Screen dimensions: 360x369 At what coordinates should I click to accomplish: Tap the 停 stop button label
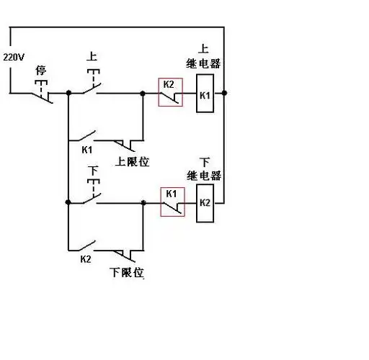coord(41,70)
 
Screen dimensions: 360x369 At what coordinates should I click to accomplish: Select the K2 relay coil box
coord(204,204)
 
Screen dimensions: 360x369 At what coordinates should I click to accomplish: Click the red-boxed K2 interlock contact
coord(170,91)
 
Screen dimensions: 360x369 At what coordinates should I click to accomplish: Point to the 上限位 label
coord(132,161)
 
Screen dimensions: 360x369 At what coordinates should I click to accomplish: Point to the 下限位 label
coord(127,272)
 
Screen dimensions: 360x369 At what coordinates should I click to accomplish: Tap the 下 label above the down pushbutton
coord(92,171)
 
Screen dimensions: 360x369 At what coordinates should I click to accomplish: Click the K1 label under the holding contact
coord(86,150)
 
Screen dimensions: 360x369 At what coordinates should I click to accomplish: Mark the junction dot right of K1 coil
coord(225,93)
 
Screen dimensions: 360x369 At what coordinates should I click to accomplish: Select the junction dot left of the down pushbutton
coord(68,203)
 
